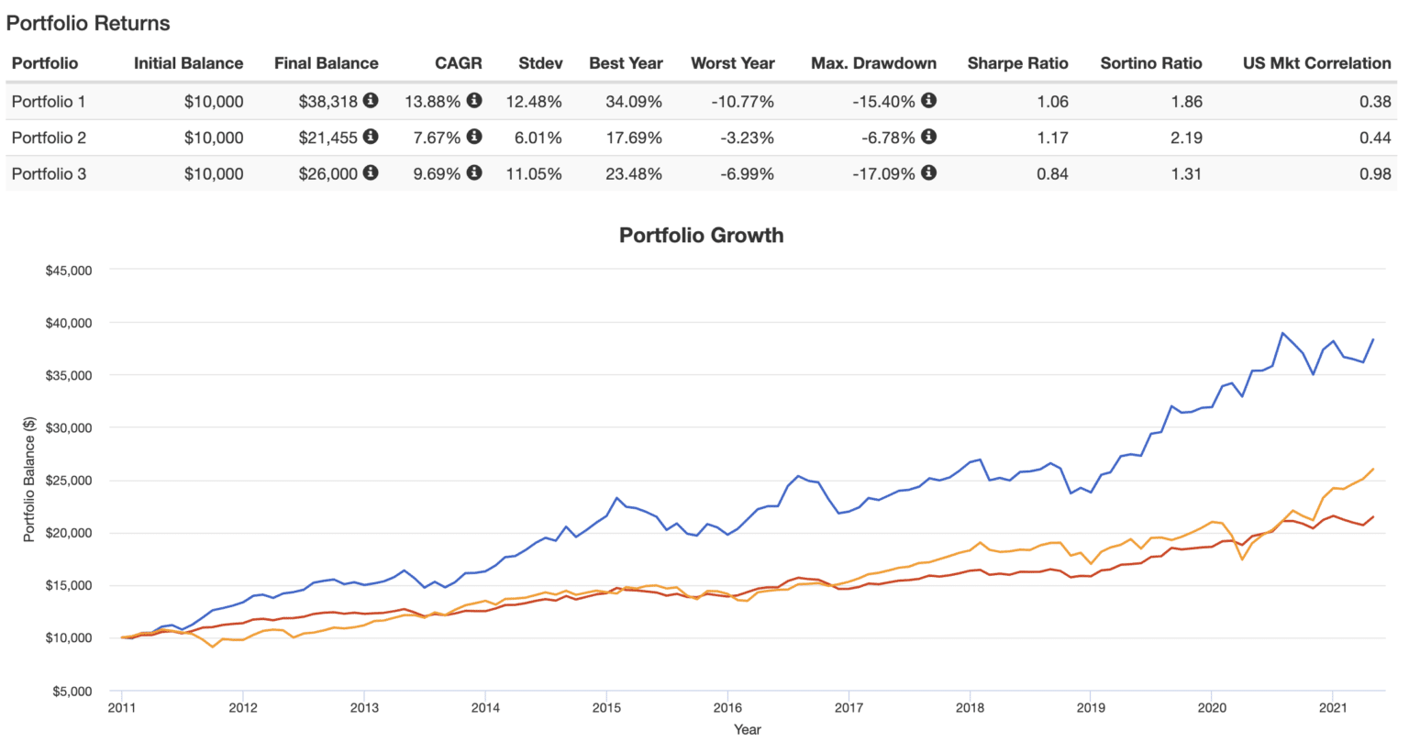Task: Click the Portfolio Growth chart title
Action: (701, 236)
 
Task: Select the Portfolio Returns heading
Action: (88, 24)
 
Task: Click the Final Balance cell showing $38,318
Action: (327, 102)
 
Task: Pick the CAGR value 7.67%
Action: (437, 138)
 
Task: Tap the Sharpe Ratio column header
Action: (1017, 63)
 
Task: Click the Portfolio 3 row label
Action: (49, 173)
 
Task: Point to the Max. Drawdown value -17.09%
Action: (883, 173)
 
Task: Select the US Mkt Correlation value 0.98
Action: (1374, 173)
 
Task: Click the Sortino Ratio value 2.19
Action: (1186, 138)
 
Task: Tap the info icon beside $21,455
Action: (371, 137)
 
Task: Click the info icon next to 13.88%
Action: (474, 100)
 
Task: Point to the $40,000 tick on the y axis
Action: (69, 323)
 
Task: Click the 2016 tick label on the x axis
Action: (727, 707)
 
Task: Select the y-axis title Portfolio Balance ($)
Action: (29, 480)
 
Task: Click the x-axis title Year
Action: (747, 729)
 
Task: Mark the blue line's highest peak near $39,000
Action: (1282, 333)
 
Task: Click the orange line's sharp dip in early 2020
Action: (1242, 559)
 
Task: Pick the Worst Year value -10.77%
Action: (742, 102)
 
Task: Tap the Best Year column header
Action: (626, 63)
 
